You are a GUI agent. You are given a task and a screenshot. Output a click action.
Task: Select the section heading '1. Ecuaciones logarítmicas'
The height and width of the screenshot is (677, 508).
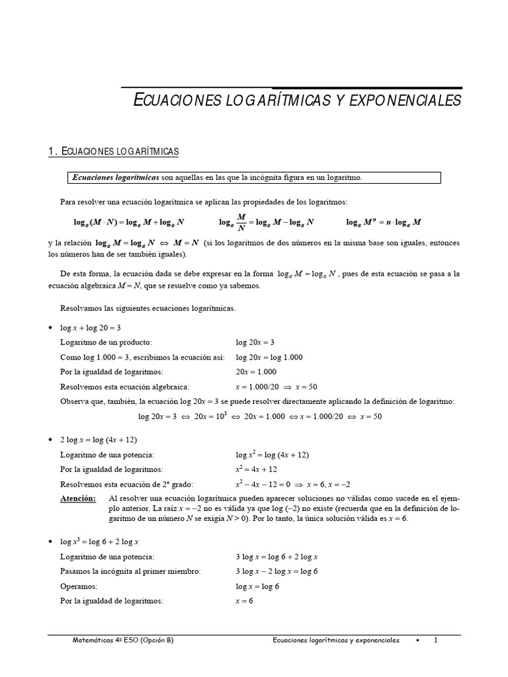[114, 152]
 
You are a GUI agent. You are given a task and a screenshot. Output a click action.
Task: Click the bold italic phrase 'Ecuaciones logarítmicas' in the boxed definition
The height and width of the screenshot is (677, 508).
[116, 177]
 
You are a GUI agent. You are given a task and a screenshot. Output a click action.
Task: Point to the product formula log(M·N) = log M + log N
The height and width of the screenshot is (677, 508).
[129, 223]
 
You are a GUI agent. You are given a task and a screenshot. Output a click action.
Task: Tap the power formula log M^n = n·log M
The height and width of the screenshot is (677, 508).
[384, 223]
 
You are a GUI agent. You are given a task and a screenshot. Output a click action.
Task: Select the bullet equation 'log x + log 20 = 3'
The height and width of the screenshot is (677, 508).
[90, 327]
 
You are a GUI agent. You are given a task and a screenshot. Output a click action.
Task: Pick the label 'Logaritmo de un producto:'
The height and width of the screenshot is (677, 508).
[106, 342]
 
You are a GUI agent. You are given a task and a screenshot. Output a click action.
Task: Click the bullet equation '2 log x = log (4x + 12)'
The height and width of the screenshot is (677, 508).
[99, 440]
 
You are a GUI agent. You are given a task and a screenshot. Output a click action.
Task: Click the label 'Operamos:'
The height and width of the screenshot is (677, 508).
[79, 586]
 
